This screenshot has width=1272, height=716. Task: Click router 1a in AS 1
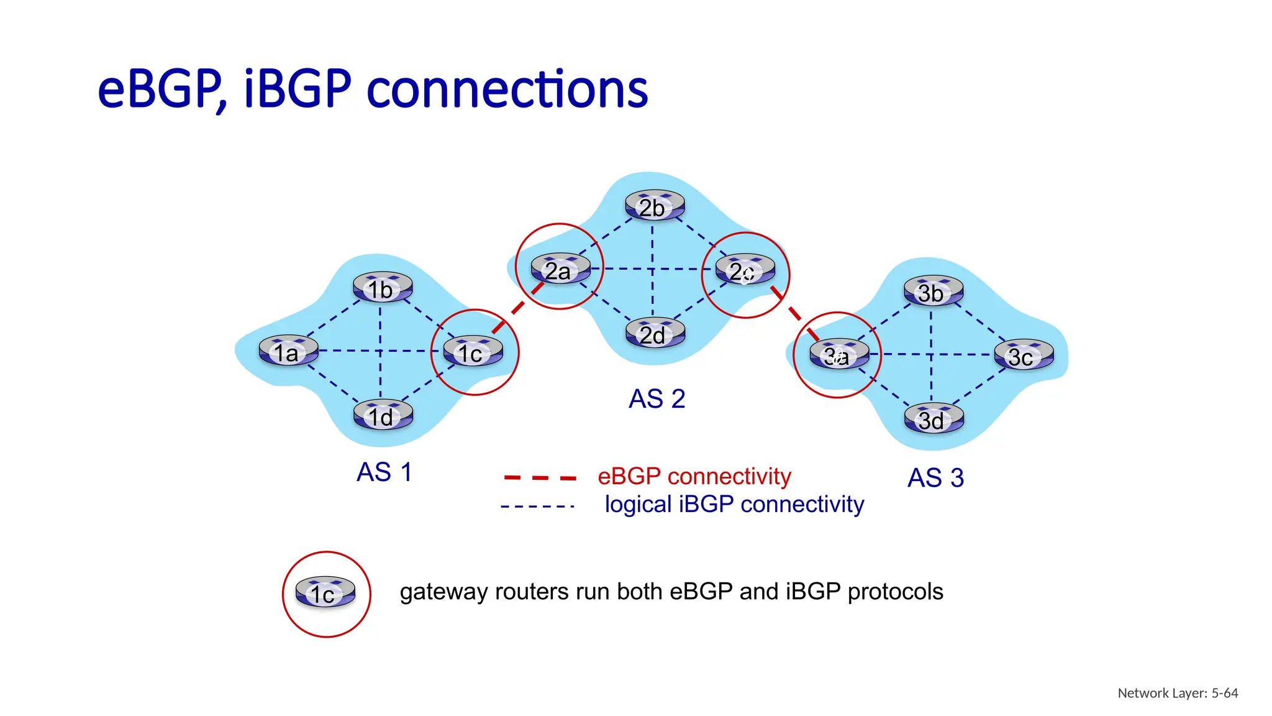pyautogui.click(x=288, y=351)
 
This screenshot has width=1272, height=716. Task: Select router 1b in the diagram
pyautogui.click(x=383, y=288)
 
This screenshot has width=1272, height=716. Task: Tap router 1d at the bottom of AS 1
pyautogui.click(x=383, y=415)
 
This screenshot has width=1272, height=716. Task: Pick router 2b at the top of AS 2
pyautogui.click(x=655, y=206)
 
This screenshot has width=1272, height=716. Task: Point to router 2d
pyautogui.click(x=655, y=334)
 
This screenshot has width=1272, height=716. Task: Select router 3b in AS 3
pyautogui.click(x=933, y=291)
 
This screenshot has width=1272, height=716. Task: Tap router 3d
pyautogui.click(x=934, y=419)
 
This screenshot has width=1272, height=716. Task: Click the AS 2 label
pyautogui.click(x=656, y=399)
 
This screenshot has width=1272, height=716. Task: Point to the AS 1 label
pyautogui.click(x=384, y=472)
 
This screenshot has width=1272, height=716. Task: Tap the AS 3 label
pyautogui.click(x=935, y=478)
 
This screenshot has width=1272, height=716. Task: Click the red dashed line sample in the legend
pyautogui.click(x=540, y=478)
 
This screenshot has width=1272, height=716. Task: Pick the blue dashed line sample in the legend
pyautogui.click(x=537, y=507)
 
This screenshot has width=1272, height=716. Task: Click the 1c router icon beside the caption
pyautogui.click(x=325, y=592)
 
